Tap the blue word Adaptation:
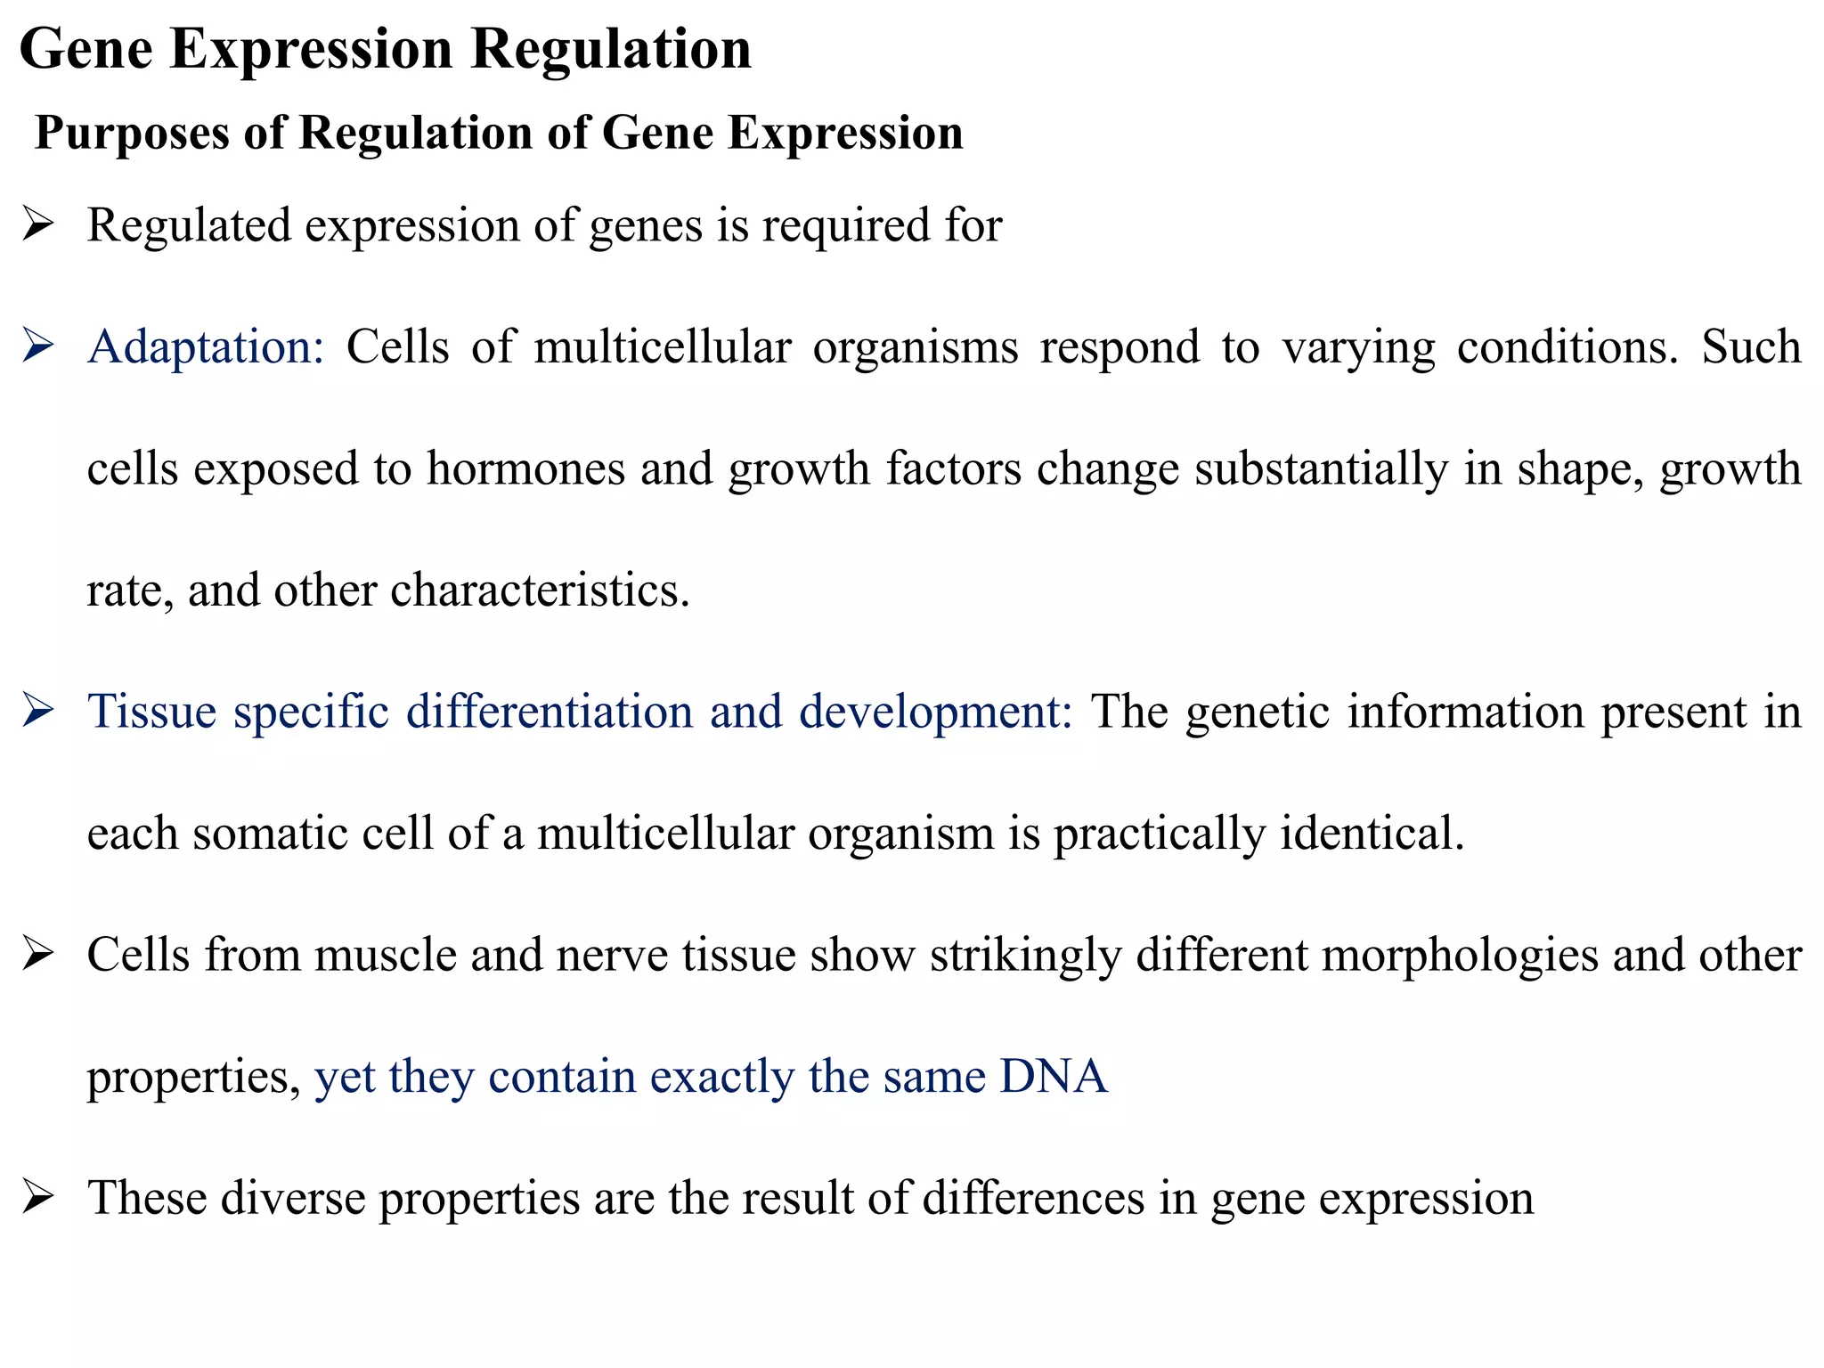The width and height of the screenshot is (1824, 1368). (206, 346)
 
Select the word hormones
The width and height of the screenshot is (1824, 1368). (525, 468)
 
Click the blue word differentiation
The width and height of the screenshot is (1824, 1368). (550, 712)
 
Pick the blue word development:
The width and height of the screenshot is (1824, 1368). (935, 712)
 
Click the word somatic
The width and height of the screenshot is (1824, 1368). (269, 834)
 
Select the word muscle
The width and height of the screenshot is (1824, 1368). (385, 955)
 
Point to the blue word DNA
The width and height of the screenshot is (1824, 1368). (1053, 1076)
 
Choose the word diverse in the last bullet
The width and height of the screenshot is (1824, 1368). (293, 1198)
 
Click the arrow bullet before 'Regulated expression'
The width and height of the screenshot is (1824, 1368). (38, 224)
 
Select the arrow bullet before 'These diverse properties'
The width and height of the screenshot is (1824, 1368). (38, 1197)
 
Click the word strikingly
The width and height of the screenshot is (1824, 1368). (1025, 955)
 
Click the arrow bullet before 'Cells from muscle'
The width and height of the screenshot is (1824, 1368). (38, 954)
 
